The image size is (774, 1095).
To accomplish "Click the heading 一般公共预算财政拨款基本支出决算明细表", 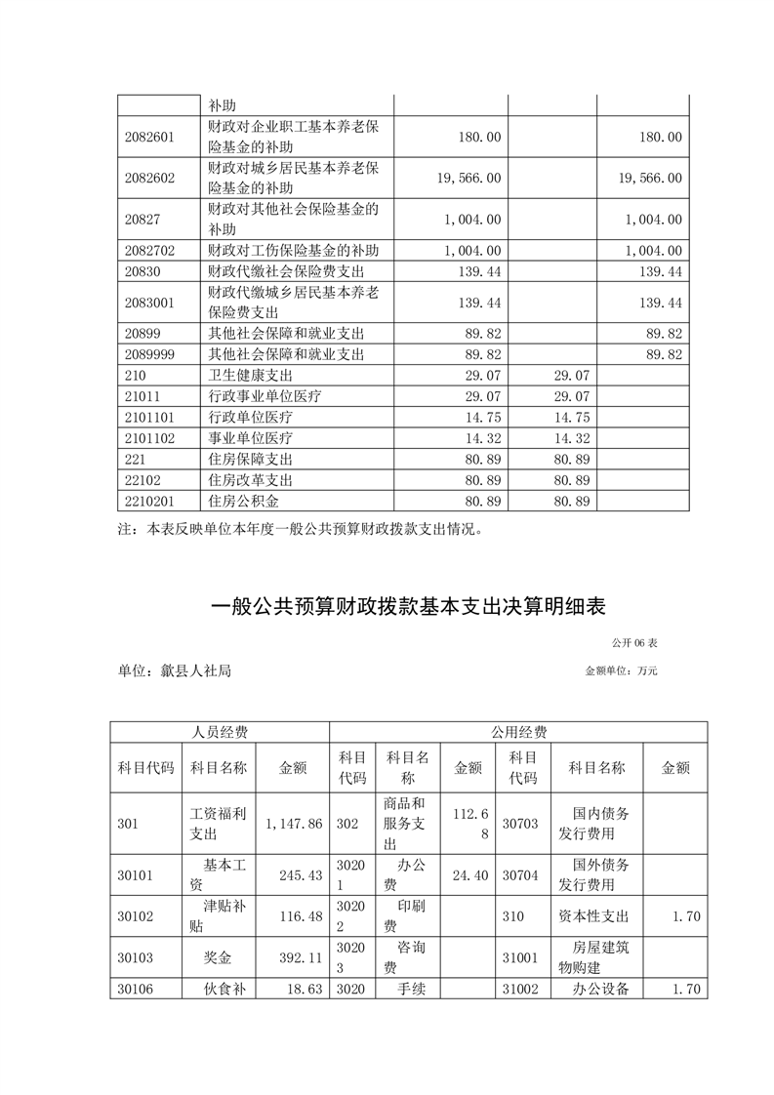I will pyautogui.click(x=409, y=607).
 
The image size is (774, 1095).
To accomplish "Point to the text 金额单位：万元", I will pyautogui.click(x=622, y=671).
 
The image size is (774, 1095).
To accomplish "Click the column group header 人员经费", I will pyautogui.click(x=220, y=733).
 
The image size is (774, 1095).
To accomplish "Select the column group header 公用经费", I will pyautogui.click(x=518, y=733).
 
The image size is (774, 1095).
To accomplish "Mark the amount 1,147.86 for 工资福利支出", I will pyautogui.click(x=293, y=824).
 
